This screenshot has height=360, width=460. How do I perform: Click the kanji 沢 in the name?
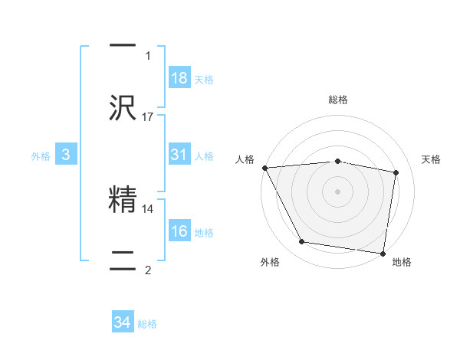click(x=123, y=109)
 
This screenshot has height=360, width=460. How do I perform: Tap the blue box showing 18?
click(x=179, y=78)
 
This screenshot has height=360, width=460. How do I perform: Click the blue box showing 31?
click(x=179, y=155)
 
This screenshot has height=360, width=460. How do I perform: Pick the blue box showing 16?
click(x=179, y=231)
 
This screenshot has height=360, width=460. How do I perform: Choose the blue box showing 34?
click(x=123, y=323)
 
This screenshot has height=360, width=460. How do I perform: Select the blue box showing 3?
click(x=66, y=155)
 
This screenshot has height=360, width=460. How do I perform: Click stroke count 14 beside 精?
click(x=148, y=208)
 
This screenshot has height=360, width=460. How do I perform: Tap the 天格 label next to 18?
click(x=203, y=80)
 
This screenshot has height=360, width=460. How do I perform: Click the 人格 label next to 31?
click(x=203, y=156)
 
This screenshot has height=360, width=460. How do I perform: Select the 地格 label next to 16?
click(x=203, y=233)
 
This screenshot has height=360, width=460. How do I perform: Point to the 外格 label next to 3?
click(x=41, y=156)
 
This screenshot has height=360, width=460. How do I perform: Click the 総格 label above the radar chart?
click(x=338, y=100)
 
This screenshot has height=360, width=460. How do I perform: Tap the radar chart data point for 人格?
click(x=264, y=167)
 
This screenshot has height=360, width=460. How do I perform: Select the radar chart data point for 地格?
click(x=383, y=253)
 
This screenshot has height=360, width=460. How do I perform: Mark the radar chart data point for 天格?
click(x=396, y=172)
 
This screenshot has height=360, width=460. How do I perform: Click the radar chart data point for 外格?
click(x=302, y=242)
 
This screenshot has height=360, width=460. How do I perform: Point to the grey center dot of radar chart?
click(x=338, y=191)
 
